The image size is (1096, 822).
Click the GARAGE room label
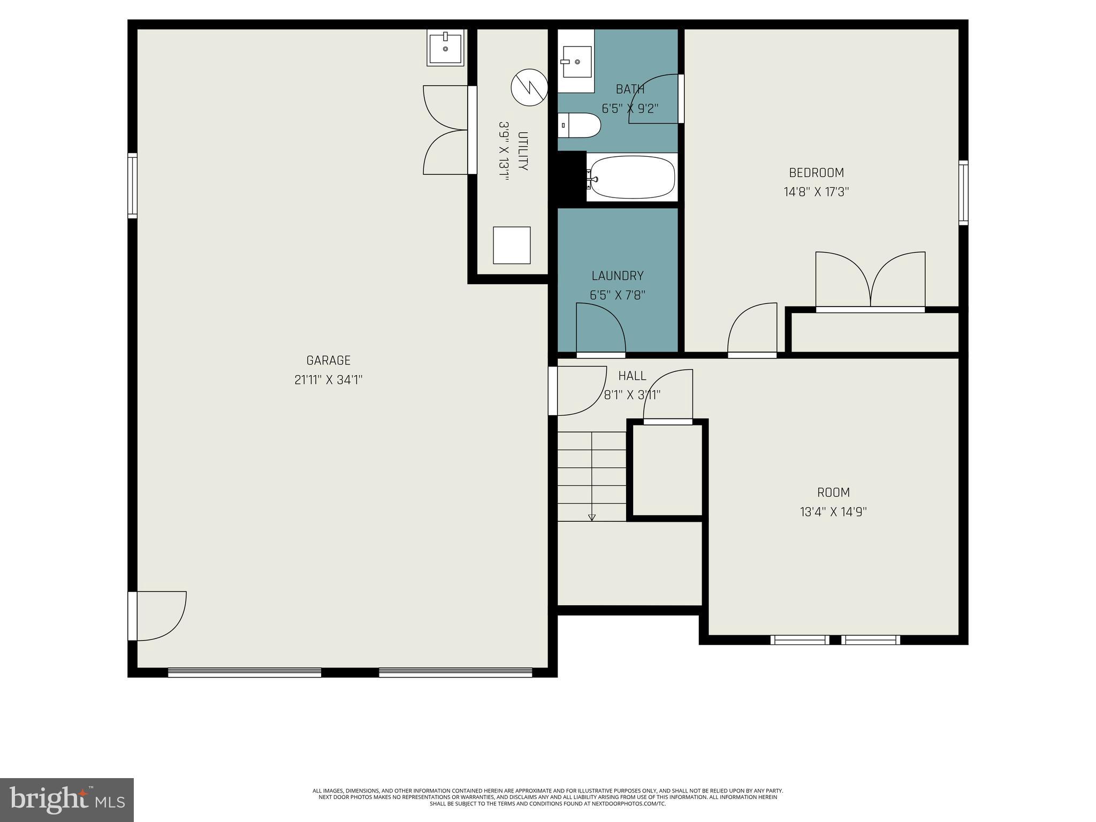328,360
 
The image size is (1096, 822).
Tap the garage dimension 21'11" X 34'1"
328,380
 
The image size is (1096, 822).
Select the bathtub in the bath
631,177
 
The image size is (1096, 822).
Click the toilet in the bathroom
580,125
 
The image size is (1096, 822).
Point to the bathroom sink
577,62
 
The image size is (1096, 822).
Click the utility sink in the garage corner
445,48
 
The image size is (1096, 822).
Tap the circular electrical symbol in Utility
529,87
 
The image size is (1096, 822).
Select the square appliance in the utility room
512,245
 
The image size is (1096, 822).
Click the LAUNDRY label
617,276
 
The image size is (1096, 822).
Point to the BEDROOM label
816,173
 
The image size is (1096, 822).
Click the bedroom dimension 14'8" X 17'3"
816,192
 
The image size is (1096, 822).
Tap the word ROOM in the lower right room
833,492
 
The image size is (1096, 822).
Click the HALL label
632,376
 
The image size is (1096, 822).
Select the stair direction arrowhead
591,517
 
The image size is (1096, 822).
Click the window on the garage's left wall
132,186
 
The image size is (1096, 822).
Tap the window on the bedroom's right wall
963,193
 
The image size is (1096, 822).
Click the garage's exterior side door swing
161,615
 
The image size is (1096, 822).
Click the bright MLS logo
66,800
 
